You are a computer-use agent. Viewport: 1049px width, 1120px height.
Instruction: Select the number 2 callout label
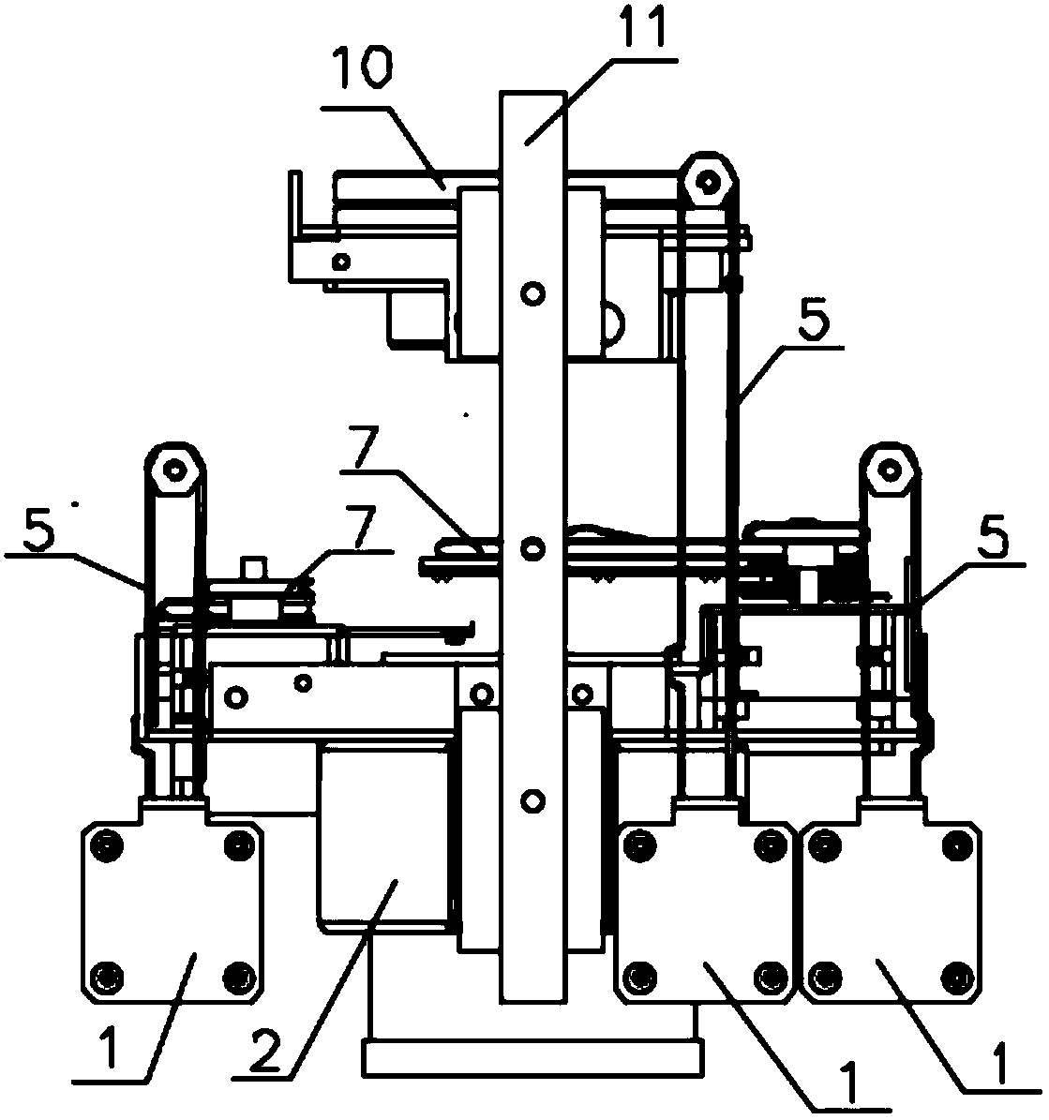[x=265, y=1046]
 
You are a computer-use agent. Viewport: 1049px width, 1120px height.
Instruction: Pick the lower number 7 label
[x=359, y=527]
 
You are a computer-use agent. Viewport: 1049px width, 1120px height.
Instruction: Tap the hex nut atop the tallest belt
[x=707, y=182]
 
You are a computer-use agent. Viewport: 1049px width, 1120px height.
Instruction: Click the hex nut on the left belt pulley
[x=173, y=470]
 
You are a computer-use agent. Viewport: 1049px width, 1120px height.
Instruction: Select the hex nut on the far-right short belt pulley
[x=888, y=470]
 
